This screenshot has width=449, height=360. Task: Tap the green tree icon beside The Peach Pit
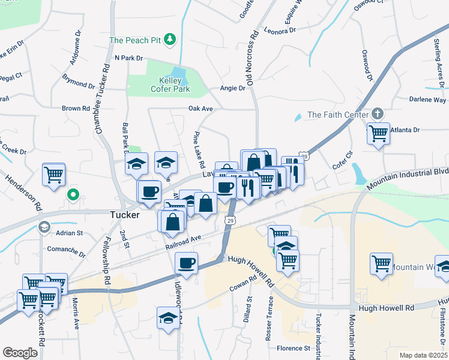coord(171,40)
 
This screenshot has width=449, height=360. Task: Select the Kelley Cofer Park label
coord(174,85)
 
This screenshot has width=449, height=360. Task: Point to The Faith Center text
coord(336,115)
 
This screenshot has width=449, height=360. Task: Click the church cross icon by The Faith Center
coord(377,113)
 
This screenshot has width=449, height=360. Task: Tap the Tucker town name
coord(125,214)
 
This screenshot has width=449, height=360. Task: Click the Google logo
coord(20,352)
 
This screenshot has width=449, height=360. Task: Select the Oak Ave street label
coord(201,109)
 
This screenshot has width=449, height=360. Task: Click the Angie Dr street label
coord(233,88)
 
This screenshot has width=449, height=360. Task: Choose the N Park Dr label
coord(128,58)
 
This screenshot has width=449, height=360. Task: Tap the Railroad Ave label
coord(183,242)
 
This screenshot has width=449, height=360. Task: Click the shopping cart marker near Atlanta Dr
coord(378,133)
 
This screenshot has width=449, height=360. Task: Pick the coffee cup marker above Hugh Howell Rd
coord(186,262)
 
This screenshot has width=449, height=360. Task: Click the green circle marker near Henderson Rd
coord(73,194)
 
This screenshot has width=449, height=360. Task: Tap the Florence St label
coord(293,348)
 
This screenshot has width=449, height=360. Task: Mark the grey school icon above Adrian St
coord(43,227)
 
